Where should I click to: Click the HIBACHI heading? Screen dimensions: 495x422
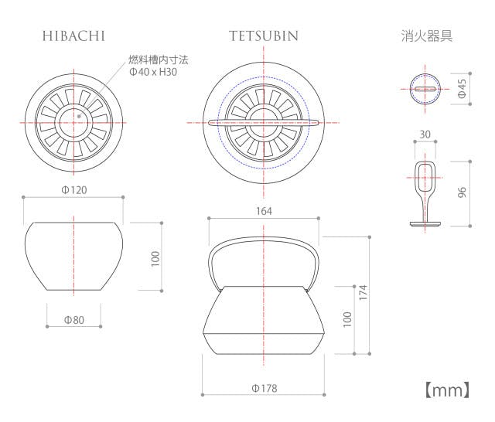73,36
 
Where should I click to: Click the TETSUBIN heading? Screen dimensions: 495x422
264,36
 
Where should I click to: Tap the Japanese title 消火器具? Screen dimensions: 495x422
427,36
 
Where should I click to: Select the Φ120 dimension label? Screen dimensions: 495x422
74,190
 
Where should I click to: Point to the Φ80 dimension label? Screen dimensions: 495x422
74,320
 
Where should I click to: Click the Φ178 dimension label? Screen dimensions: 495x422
265,388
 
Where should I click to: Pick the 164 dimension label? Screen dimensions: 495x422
264,211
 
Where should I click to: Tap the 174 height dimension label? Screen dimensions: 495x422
364,292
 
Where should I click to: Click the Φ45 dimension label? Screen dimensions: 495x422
462,88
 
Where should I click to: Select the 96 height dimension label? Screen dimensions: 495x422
462,192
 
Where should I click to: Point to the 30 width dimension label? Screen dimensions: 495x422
425,134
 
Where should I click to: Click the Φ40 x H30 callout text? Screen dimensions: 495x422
153,72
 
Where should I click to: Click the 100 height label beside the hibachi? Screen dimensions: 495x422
155,259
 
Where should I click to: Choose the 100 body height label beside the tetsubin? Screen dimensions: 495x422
347,319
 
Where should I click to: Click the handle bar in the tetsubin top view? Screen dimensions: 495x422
264,123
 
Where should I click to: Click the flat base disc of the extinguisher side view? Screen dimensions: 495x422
425,224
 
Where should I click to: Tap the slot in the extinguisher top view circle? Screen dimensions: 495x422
425,89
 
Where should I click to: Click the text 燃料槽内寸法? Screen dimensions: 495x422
158,60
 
